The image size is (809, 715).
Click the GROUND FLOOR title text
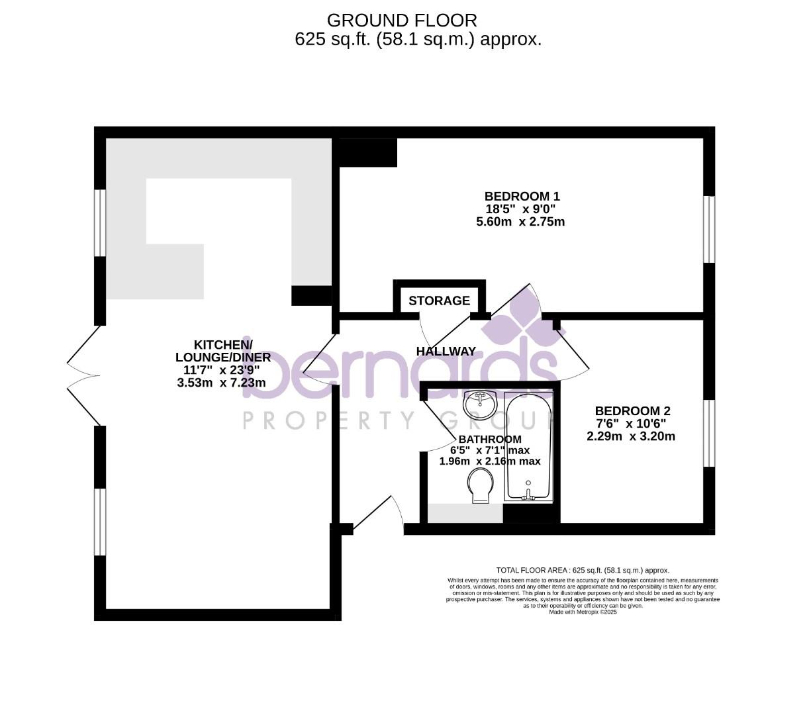pos(401,21)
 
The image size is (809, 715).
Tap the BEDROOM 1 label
pos(522,197)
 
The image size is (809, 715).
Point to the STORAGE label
pos(439,301)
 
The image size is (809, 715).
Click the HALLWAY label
pos(446,352)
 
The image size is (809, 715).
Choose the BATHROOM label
pos(490,440)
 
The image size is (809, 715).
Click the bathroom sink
pos(481,405)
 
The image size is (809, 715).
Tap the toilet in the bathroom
pos(480,486)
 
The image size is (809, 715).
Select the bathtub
pos(528,446)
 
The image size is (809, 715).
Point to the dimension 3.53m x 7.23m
pos(221,383)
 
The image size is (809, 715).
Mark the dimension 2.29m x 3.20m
pos(631,437)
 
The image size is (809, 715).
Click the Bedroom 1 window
pos(709,229)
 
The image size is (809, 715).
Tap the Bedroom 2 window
pos(709,433)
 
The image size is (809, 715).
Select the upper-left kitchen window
pos(100,222)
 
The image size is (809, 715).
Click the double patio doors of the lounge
pos(84,376)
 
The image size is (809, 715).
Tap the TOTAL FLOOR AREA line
pos(583,570)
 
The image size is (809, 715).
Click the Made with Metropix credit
pos(583,612)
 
